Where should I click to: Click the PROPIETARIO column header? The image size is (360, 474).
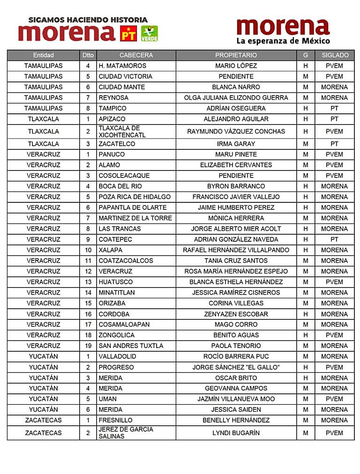pos(236,55)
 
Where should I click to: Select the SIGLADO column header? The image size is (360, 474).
pos(335,55)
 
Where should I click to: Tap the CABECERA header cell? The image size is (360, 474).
pos(136,55)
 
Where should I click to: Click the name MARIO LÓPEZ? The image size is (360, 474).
pos(236,66)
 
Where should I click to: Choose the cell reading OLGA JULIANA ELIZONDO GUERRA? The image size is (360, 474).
pos(236,98)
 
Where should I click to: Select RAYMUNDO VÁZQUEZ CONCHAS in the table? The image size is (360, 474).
pos(236,132)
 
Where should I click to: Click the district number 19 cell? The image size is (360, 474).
pos(88,346)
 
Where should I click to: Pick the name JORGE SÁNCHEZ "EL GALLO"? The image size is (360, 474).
pos(236,367)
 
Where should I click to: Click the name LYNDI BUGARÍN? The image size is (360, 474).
pos(236,433)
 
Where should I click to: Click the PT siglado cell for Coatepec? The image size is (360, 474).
pos(334,239)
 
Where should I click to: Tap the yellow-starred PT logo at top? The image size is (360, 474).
pos(128,33)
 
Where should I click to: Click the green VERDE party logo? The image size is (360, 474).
pos(150,33)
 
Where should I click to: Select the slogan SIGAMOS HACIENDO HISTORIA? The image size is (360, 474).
pos(88,20)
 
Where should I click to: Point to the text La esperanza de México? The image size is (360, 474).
pos(283,41)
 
